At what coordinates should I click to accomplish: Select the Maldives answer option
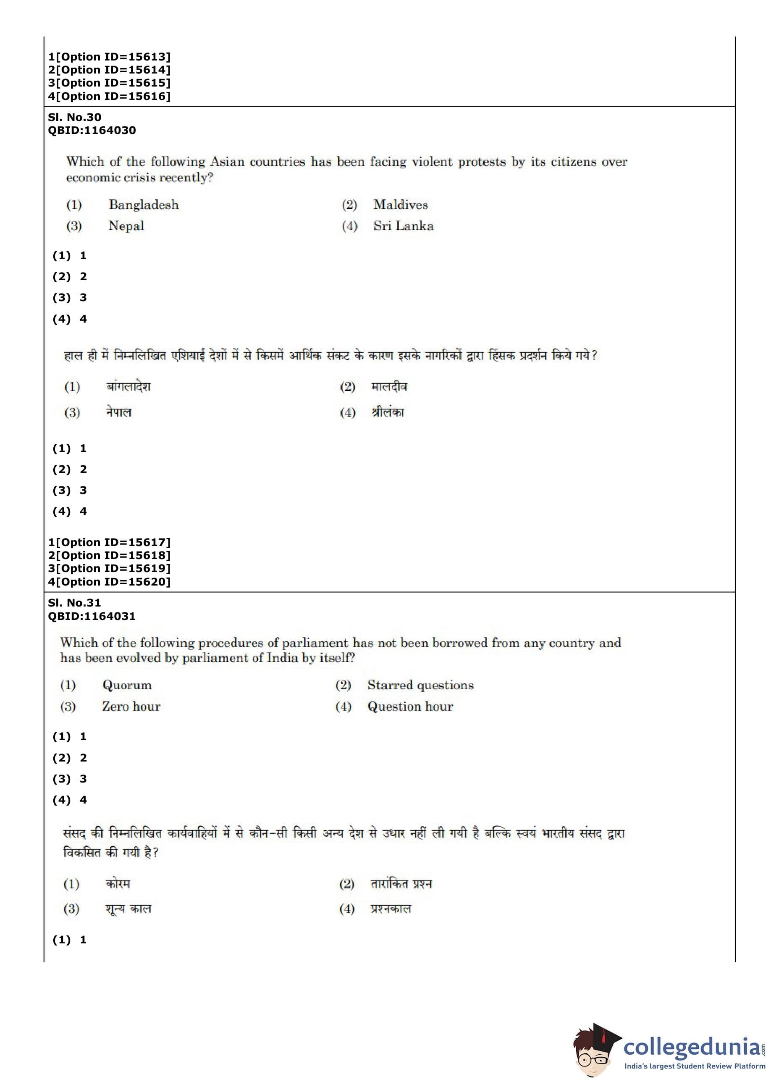(400, 205)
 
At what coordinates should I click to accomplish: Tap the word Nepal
(126, 226)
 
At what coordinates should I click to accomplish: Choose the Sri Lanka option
(403, 226)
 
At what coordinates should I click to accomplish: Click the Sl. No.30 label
(74, 117)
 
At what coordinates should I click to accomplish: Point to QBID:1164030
(92, 130)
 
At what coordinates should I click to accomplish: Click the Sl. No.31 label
(74, 603)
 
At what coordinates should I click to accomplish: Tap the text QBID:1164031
(92, 616)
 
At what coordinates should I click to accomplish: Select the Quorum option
(127, 685)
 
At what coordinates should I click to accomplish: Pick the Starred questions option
(420, 685)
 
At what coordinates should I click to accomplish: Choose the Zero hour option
(131, 706)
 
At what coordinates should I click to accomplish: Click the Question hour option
(410, 706)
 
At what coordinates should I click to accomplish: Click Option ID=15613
(109, 57)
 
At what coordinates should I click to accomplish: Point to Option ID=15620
(109, 582)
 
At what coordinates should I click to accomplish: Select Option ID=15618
(109, 555)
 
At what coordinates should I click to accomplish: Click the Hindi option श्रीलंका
(388, 412)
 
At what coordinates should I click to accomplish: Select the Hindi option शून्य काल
(128, 909)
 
